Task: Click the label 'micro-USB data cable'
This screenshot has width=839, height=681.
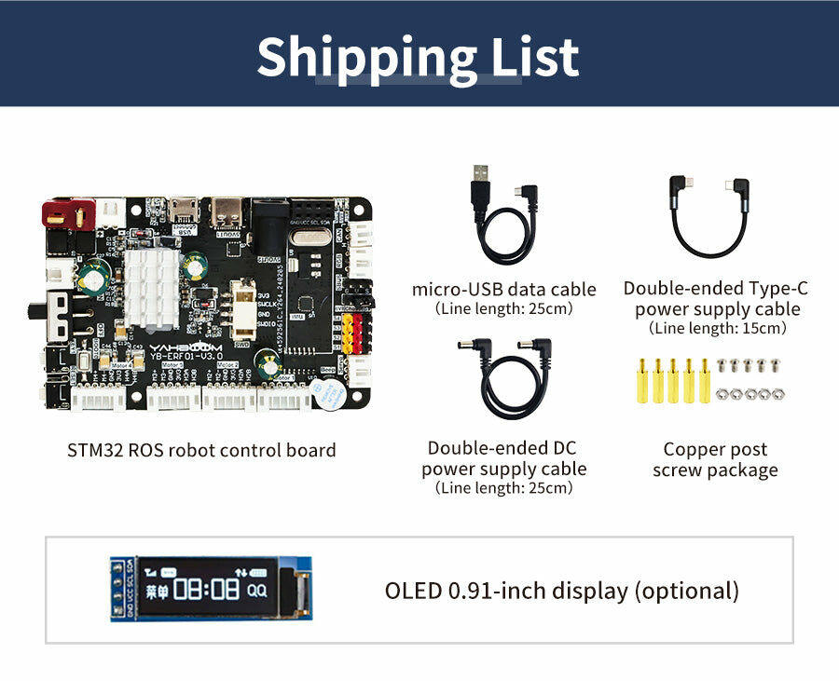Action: point(503,289)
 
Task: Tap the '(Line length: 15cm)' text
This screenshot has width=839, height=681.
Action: point(717,329)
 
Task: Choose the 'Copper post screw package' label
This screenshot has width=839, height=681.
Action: point(715,460)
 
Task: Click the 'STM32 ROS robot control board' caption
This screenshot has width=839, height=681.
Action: point(201,450)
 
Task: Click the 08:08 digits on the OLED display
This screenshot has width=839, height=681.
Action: point(204,589)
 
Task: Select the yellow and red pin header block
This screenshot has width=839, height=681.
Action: point(352,333)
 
